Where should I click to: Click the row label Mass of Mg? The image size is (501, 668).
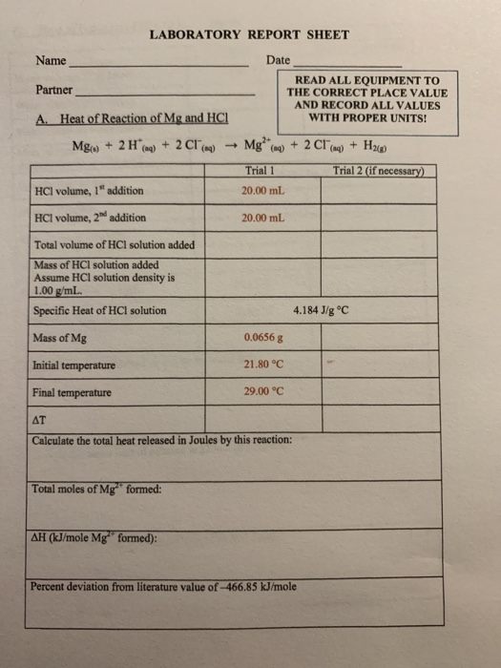click(59, 337)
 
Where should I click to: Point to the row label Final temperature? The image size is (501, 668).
click(72, 392)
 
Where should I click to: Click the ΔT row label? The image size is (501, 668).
click(40, 419)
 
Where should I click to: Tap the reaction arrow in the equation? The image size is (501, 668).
click(232, 146)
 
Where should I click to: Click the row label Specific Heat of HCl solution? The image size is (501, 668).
click(99, 310)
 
